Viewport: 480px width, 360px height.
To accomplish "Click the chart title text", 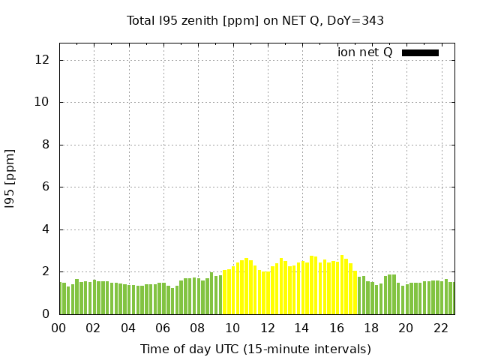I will point(255,20).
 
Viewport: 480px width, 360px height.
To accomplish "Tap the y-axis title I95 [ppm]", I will point(10,178).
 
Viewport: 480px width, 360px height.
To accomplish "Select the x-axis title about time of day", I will point(255,349).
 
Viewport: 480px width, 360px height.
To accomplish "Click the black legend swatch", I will point(420,52).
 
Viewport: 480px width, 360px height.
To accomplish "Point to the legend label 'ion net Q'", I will point(365,52).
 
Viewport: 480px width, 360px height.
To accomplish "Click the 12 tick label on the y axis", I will point(43,60).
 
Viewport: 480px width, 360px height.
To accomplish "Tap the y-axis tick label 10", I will point(43,102).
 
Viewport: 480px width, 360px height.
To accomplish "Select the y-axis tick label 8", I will point(46,145).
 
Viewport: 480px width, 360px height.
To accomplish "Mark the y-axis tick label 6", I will point(46,187).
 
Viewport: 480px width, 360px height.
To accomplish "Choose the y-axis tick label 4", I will point(46,229).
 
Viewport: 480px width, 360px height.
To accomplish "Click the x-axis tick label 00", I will point(58,328).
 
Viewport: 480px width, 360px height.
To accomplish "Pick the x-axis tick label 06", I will point(163,328).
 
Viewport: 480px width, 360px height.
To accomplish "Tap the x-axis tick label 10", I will point(232,328).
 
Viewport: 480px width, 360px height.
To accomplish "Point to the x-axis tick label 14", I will point(301,328).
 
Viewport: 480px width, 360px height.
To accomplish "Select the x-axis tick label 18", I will point(371,328).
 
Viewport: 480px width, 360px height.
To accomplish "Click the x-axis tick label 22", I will point(440,328).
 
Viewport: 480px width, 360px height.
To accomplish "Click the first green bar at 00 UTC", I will point(60,298).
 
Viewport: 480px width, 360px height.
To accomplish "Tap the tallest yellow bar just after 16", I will point(342,285).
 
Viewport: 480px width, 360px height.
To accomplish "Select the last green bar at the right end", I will point(451,298).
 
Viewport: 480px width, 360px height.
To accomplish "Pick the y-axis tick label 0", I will point(46,314).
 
